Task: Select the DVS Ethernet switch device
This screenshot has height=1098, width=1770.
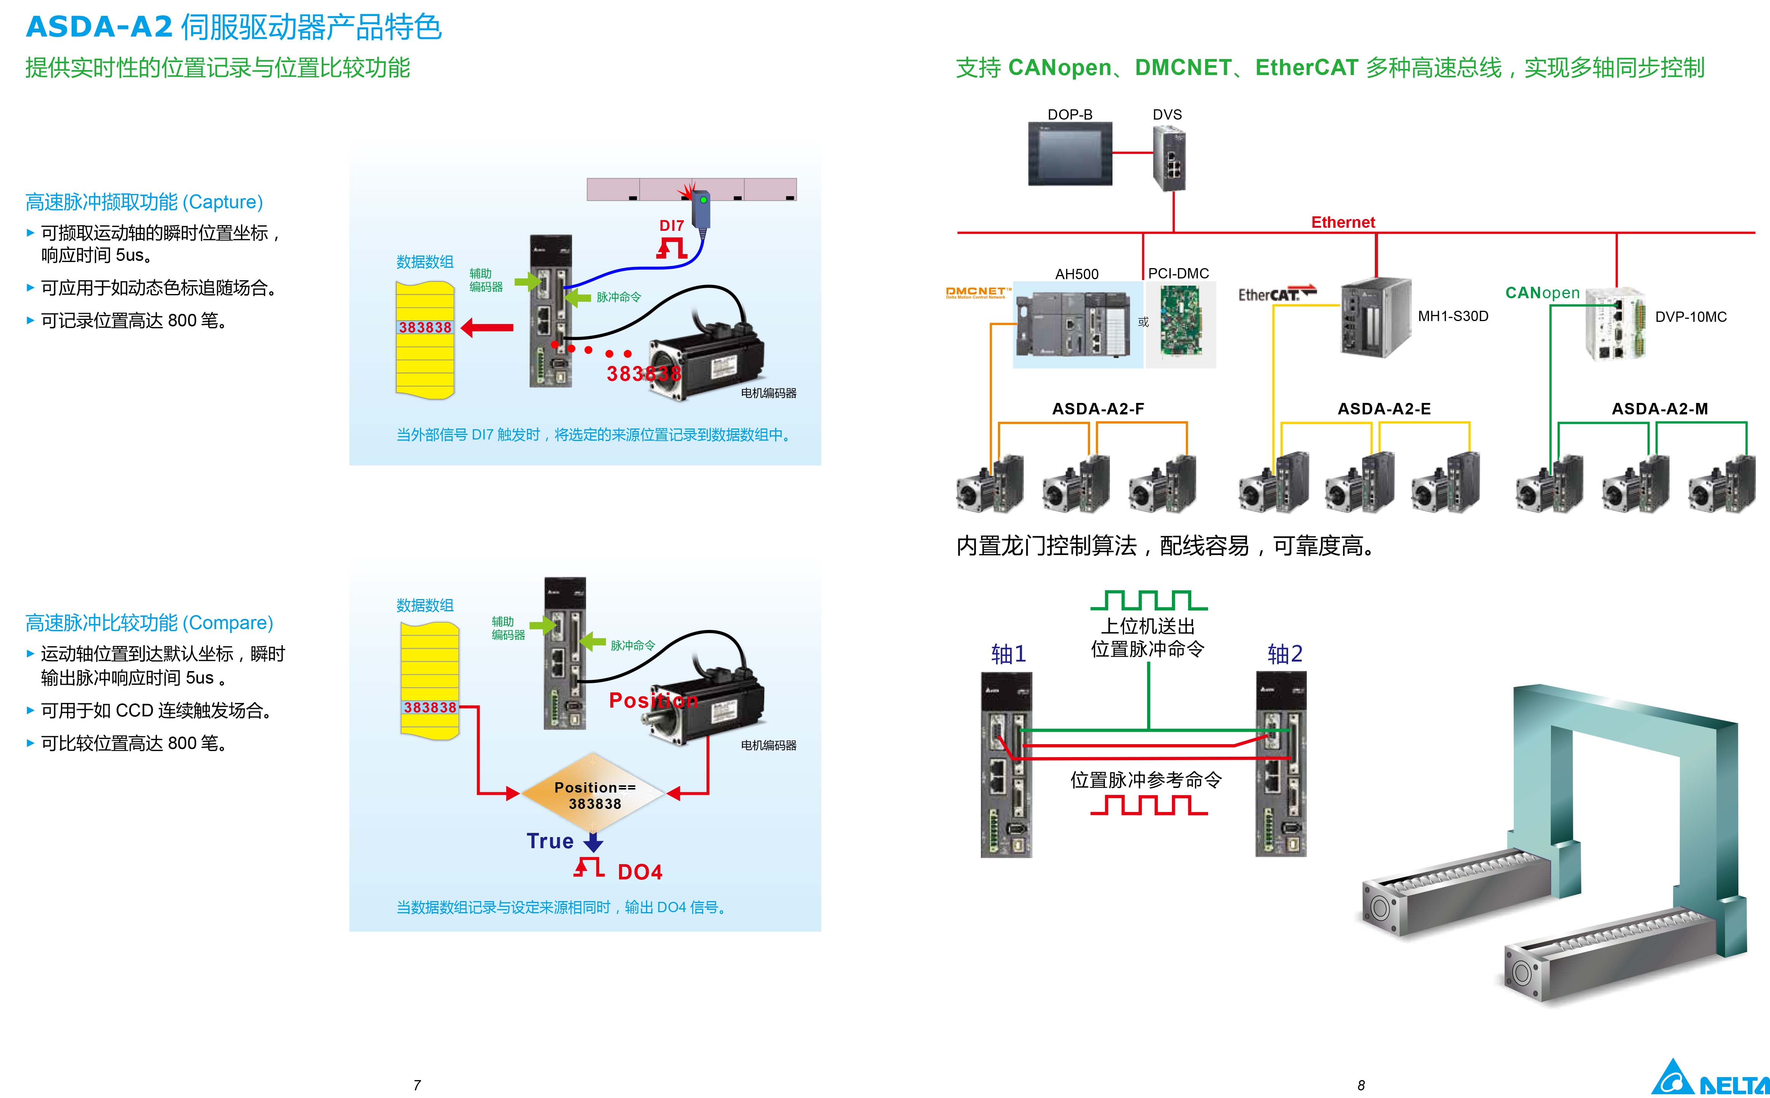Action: [1169, 158]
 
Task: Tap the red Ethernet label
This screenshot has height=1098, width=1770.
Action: [1342, 222]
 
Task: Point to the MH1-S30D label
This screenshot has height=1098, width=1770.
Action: [1453, 316]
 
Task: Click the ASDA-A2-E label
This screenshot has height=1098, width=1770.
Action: [1384, 409]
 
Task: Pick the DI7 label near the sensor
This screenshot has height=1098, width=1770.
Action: [672, 226]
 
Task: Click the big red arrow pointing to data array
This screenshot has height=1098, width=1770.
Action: [487, 328]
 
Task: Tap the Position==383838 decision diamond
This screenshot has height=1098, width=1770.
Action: [594, 794]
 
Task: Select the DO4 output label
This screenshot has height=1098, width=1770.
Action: [640, 872]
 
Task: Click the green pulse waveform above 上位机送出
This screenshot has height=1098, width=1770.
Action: [1149, 601]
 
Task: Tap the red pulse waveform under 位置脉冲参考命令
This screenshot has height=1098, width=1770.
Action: [1149, 806]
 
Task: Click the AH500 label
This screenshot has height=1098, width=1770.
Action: [1077, 274]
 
